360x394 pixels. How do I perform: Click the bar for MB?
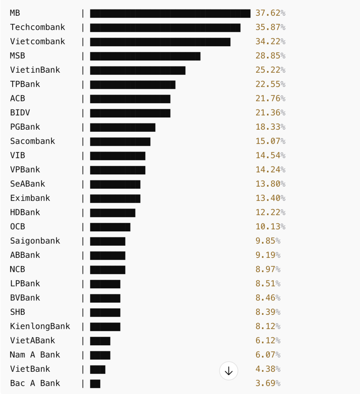(170, 14)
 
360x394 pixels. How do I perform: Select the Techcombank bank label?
(38, 27)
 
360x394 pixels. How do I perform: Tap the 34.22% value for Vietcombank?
(270, 42)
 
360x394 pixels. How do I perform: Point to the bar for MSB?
(145, 56)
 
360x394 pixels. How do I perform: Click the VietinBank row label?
(35, 70)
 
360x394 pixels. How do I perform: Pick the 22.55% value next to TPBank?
(270, 84)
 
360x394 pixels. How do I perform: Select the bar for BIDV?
(130, 113)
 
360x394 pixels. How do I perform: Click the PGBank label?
(25, 127)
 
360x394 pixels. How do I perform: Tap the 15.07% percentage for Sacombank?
(270, 141)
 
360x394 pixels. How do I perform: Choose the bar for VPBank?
(118, 170)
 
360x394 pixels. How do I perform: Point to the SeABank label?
(28, 184)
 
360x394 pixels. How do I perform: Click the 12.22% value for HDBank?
(270, 212)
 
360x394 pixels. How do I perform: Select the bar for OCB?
(110, 227)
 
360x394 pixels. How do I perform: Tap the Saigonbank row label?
(35, 241)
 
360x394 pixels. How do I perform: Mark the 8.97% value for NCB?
(267, 269)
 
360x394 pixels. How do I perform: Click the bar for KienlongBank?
(105, 327)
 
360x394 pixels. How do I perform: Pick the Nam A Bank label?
(35, 355)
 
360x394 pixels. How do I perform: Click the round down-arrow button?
(228, 371)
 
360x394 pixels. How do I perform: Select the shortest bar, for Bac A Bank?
(95, 384)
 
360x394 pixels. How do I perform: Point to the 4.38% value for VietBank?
(267, 369)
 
